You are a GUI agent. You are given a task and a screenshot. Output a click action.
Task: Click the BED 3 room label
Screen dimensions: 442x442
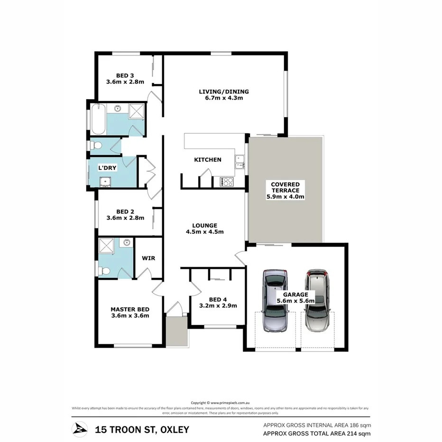pos(125,75)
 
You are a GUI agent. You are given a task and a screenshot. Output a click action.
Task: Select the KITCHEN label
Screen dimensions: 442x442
pos(208,160)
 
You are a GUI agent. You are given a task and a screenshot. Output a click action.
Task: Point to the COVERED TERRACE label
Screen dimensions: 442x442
pos(285,184)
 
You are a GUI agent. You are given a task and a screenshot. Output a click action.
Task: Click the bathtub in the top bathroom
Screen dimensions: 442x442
pos(98,120)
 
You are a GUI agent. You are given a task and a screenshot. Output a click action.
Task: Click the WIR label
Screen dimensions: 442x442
pos(148,258)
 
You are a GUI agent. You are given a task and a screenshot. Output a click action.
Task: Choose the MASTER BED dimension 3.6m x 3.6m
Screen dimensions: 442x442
pos(130,315)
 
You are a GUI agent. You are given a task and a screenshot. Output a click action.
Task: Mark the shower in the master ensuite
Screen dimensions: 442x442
pos(106,246)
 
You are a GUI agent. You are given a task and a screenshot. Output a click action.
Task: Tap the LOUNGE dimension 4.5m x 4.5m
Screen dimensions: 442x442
pos(204,232)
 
